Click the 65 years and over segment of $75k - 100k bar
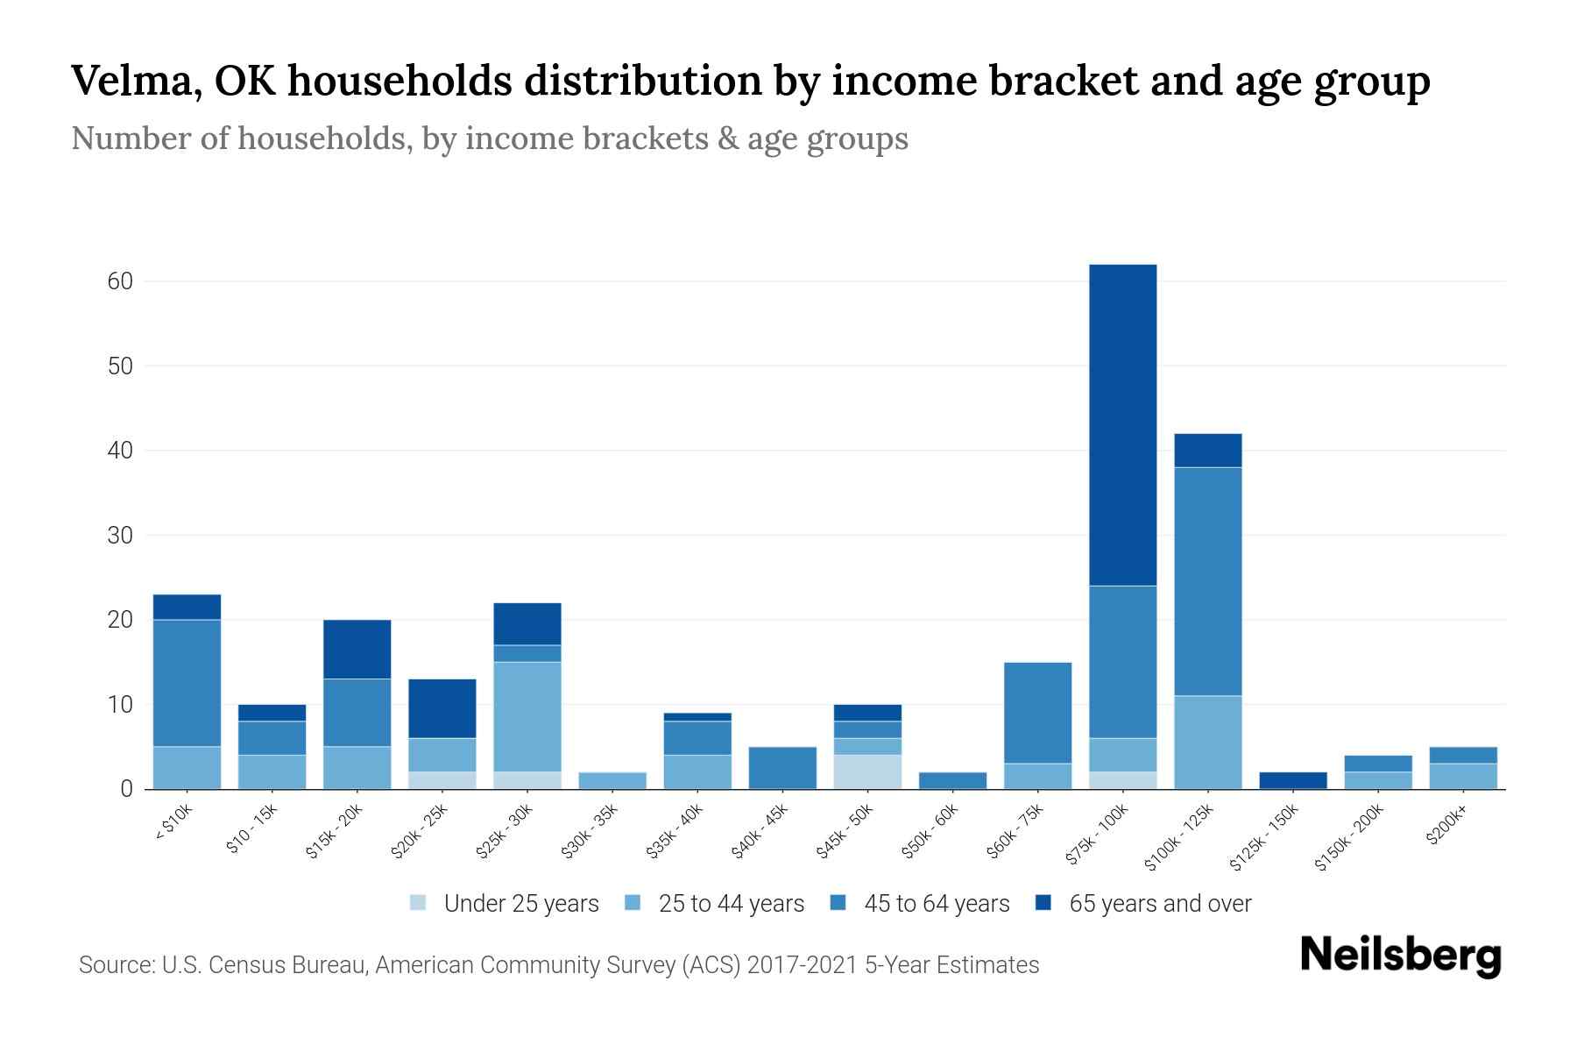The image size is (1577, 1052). pos(1122,425)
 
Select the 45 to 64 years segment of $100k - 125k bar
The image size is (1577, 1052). pos(1207,581)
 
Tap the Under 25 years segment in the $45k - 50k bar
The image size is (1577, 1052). pos(867,771)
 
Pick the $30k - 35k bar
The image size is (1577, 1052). pos(612,780)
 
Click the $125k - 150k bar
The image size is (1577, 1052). pos(1292,780)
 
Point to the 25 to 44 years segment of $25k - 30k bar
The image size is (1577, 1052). pos(527,716)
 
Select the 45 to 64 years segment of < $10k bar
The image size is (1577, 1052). pos(187,683)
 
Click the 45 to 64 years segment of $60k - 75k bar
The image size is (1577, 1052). pos(1037,713)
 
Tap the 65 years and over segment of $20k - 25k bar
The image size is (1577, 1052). pos(442,708)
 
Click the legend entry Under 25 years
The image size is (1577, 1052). pos(520,904)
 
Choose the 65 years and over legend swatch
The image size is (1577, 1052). pos(1043,903)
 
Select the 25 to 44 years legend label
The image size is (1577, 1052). pos(731,904)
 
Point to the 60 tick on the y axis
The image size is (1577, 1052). pos(120,281)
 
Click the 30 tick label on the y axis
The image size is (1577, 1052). pos(120,535)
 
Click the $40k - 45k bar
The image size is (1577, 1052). pos(782,768)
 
